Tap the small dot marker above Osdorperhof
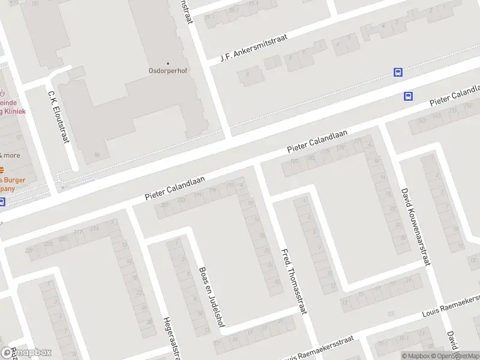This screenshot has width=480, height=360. pyautogui.click(x=167, y=63)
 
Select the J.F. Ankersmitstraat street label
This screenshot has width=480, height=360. pyautogui.click(x=254, y=48)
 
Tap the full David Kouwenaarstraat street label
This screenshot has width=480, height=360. pyautogui.click(x=415, y=226)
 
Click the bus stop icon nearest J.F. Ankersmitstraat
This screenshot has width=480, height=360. pyautogui.click(x=398, y=72)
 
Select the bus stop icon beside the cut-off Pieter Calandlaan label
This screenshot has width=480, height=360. pyautogui.click(x=409, y=96)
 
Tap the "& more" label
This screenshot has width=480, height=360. pyautogui.click(x=10, y=155)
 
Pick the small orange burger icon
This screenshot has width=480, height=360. pyautogui.click(x=2, y=169)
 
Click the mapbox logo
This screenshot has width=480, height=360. pyautogui.click(x=26, y=353)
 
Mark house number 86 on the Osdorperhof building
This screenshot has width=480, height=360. pyautogui.click(x=97, y=154)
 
